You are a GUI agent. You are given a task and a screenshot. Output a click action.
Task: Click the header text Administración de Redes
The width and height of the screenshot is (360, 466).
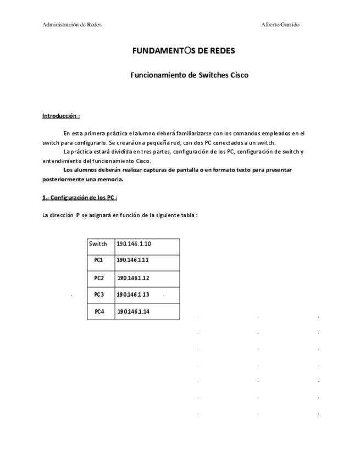coord(71,25)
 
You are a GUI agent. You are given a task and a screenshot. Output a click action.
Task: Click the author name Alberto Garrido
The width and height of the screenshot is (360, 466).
coord(280,25)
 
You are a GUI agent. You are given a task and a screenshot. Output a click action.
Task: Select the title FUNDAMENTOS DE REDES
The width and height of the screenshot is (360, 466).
coord(184,51)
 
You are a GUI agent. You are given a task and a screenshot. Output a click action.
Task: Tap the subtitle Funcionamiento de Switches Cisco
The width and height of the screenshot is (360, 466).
coord(189,75)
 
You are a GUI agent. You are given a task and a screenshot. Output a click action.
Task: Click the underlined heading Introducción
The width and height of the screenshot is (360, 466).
coord(61,116)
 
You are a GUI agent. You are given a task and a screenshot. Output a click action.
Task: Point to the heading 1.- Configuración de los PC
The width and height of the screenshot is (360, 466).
coord(80,197)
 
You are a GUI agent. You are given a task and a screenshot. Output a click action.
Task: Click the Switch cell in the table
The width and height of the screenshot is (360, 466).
coord(98,244)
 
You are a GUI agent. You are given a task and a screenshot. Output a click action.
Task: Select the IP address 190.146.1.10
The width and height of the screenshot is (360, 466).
coord(134,244)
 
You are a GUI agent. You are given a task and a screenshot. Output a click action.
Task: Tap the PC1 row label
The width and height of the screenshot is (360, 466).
coord(99,260)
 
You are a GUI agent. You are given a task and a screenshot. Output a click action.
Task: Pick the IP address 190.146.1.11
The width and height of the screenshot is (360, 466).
coord(133,260)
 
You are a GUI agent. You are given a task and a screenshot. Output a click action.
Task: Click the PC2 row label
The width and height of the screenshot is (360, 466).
coord(99,278)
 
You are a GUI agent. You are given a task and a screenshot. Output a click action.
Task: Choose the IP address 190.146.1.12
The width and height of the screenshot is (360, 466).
coord(133,278)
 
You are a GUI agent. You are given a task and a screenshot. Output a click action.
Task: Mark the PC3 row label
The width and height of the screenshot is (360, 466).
coord(99,295)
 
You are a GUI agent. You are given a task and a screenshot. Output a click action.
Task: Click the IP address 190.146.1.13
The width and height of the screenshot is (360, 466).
coord(133,295)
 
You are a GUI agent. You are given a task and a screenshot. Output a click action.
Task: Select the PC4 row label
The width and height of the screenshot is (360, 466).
coord(99,312)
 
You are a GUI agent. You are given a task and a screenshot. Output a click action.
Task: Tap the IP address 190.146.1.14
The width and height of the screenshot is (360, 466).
coord(133,312)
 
